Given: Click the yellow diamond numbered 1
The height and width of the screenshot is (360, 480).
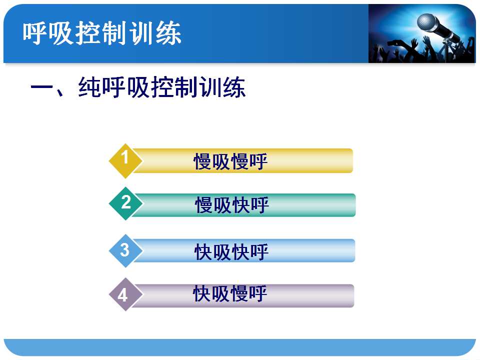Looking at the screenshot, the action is [125, 160].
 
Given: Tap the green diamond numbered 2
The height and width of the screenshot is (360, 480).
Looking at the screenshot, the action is [125, 203].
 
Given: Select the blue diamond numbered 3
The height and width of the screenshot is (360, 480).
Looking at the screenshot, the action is [125, 250].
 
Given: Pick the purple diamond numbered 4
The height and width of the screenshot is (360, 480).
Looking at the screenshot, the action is [125, 294].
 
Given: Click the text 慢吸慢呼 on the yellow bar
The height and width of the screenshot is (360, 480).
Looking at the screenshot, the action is [230, 161].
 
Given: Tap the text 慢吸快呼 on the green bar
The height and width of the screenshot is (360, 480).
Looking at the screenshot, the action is [232, 205].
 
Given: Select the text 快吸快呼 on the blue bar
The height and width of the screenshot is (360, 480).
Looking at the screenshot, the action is [231, 252].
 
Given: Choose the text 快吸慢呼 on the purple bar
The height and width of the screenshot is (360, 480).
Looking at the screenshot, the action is [230, 293].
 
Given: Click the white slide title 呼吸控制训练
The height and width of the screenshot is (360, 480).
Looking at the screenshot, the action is [102, 33].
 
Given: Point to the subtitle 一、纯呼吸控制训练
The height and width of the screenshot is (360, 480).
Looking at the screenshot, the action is [138, 87].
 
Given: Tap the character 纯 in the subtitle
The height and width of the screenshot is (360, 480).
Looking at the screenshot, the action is [89, 87].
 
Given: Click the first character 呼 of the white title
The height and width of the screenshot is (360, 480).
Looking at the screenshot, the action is [34, 33].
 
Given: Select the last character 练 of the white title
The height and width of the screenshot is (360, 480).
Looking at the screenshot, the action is [168, 33].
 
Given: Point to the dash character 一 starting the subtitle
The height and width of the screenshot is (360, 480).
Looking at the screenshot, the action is [42, 87].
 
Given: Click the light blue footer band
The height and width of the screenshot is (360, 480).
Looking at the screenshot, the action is [239, 347].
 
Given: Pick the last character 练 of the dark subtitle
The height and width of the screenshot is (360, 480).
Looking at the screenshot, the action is [234, 87].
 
